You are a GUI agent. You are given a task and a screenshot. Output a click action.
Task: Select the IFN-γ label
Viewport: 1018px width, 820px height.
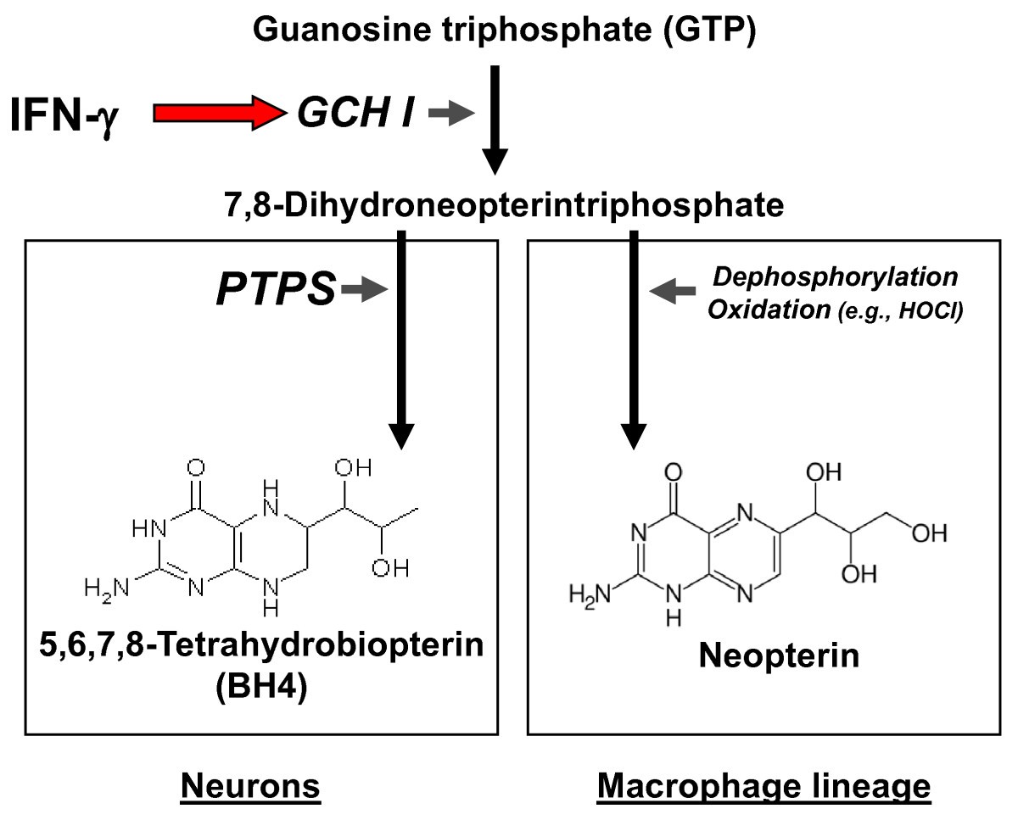point(64,115)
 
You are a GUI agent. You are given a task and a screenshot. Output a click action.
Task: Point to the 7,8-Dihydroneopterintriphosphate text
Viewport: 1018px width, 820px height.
point(505,204)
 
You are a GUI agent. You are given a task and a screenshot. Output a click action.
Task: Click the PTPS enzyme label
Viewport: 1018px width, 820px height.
point(275,291)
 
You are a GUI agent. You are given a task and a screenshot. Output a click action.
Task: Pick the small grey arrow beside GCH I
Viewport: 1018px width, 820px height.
point(450,114)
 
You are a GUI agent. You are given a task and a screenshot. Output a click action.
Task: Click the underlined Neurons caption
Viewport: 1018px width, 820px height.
point(253,787)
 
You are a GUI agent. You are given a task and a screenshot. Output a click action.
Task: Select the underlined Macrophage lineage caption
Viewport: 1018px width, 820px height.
point(763,787)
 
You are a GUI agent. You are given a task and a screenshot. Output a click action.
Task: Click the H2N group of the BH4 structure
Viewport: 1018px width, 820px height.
point(106,587)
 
